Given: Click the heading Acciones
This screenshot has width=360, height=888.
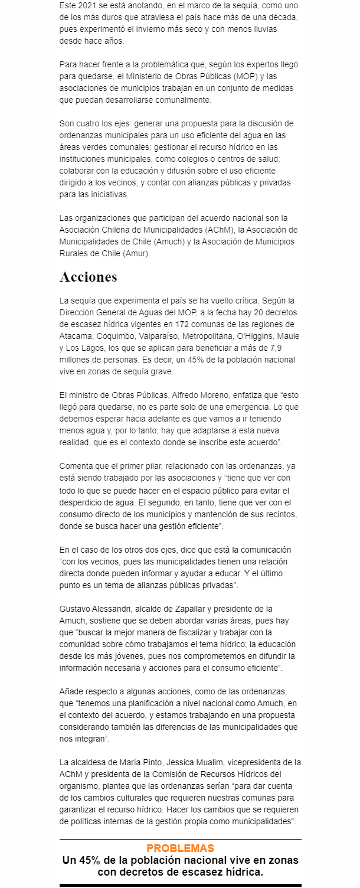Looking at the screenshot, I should [89, 277].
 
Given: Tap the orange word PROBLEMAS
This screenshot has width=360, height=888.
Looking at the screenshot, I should [180, 848].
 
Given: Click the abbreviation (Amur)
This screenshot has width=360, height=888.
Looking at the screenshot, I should [136, 253].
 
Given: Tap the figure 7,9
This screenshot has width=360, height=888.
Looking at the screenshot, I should [287, 348].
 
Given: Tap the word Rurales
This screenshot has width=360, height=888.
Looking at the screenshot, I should [75, 253].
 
